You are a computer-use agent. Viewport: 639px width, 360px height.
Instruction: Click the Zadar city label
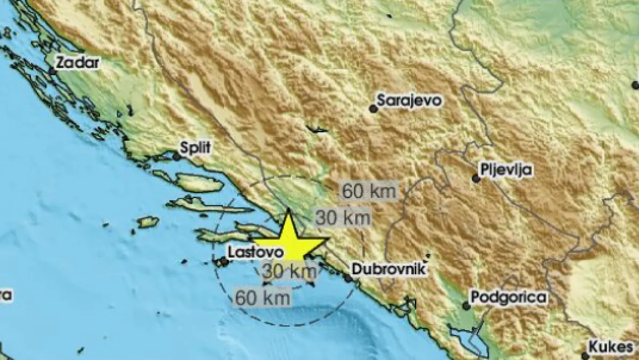coord(78,62)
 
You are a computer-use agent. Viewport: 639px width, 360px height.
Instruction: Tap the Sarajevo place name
coord(409,100)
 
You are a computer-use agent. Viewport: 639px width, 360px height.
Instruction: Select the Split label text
coord(196,148)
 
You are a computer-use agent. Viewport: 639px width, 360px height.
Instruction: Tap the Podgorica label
coord(509,298)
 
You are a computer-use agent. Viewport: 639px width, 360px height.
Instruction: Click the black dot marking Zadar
coord(52,71)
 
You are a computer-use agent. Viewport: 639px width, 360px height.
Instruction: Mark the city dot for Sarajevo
coord(373,109)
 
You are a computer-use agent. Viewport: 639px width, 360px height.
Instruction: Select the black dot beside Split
coord(177,156)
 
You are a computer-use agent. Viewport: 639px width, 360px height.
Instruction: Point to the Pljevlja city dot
coord(476,179)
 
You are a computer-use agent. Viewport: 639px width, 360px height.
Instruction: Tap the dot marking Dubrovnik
coord(348,278)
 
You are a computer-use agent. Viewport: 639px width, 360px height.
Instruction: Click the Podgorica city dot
coord(466,306)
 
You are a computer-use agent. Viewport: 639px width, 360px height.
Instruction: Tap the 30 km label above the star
coord(342,217)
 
